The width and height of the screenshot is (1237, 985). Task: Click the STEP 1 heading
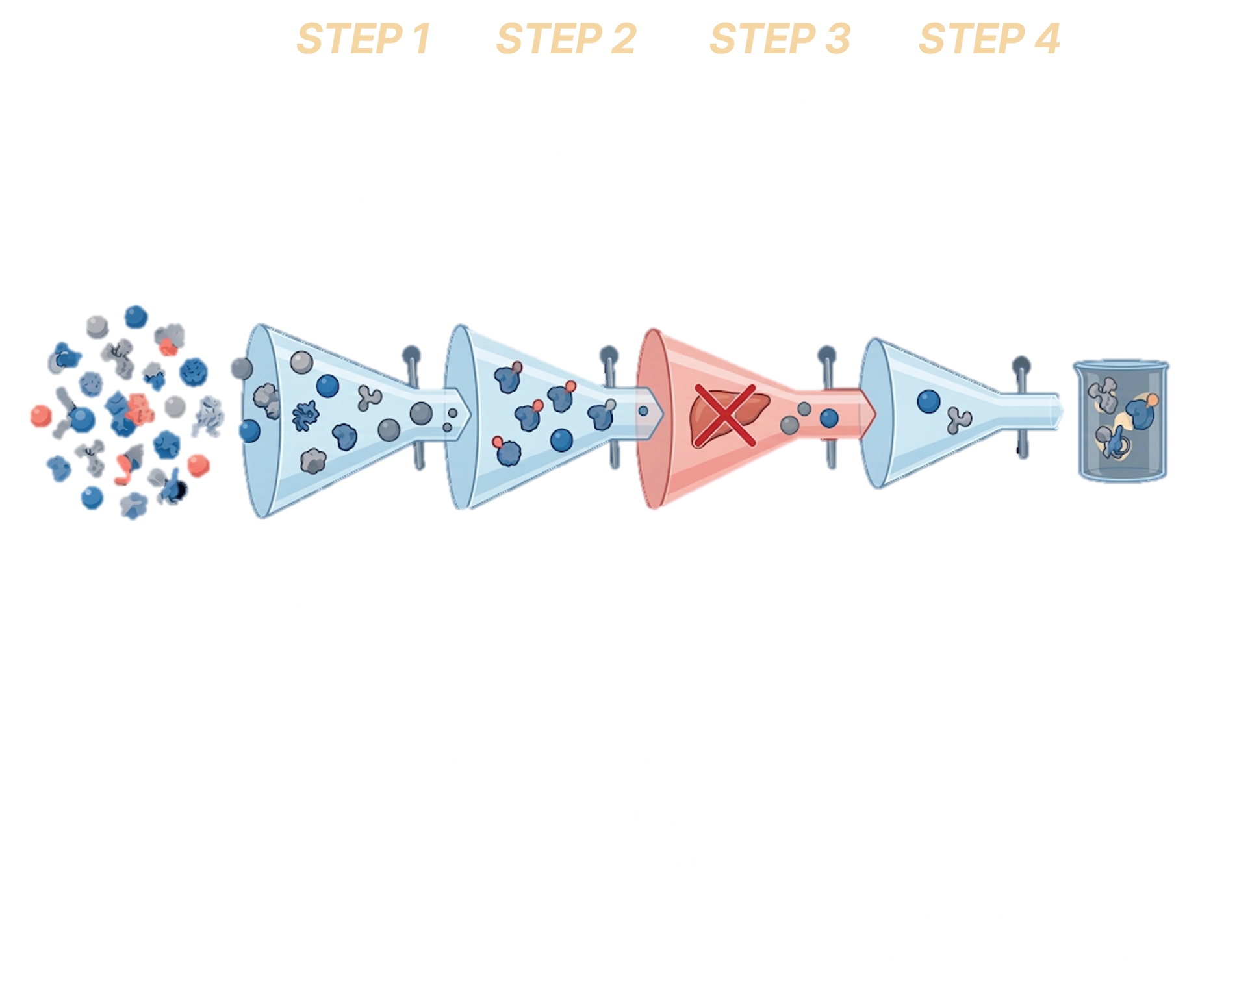click(x=363, y=39)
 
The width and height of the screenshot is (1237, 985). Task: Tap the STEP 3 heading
click(x=780, y=39)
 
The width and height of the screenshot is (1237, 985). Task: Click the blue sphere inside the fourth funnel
click(x=928, y=401)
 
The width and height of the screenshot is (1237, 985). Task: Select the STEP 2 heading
click(x=566, y=39)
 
